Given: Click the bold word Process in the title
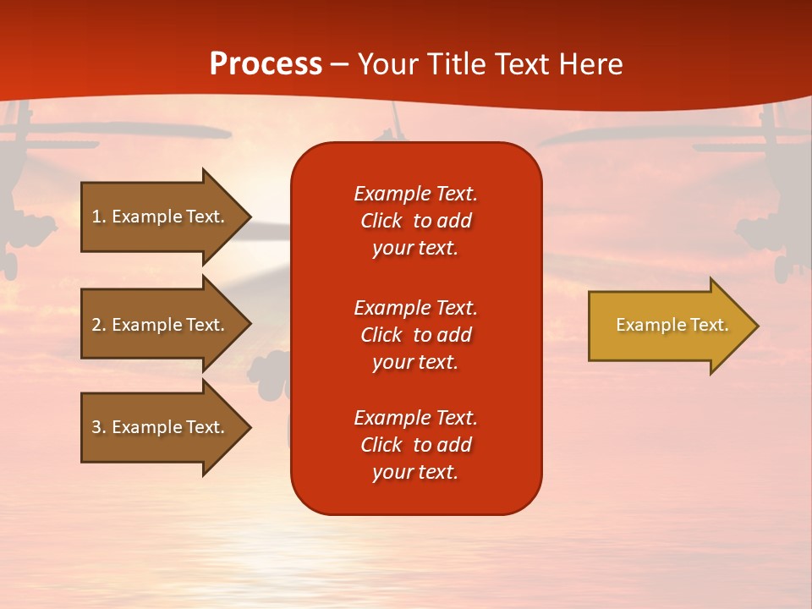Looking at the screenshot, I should [x=266, y=64].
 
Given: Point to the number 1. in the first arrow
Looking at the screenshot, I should [x=99, y=217].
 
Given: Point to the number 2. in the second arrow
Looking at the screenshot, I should [x=99, y=325].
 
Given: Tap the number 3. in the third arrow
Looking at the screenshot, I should [x=99, y=427].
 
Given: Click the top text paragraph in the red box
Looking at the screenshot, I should [x=415, y=221].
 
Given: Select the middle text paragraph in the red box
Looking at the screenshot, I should [x=415, y=335].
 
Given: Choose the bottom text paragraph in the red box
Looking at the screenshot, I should [x=415, y=445].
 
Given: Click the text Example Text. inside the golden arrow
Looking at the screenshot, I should [x=672, y=325].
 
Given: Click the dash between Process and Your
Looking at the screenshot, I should [x=339, y=65].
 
